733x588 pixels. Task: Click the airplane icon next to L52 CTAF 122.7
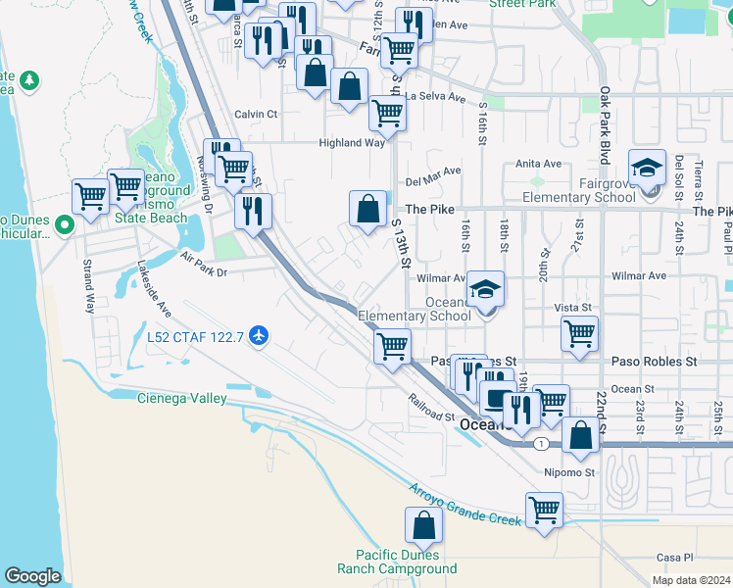click(259, 337)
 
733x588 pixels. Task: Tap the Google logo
click(32, 576)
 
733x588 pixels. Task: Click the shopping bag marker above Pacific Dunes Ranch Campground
click(423, 529)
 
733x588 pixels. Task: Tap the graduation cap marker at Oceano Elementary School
click(485, 290)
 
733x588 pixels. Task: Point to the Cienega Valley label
click(181, 398)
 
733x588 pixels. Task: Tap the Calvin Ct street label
click(257, 114)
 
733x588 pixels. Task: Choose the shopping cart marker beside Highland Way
click(387, 114)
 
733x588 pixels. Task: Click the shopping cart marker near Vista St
click(580, 334)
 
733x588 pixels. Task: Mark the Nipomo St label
click(569, 472)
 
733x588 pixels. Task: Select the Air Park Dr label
click(204, 266)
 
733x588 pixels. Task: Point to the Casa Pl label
click(674, 557)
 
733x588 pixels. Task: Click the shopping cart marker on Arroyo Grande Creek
click(544, 510)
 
